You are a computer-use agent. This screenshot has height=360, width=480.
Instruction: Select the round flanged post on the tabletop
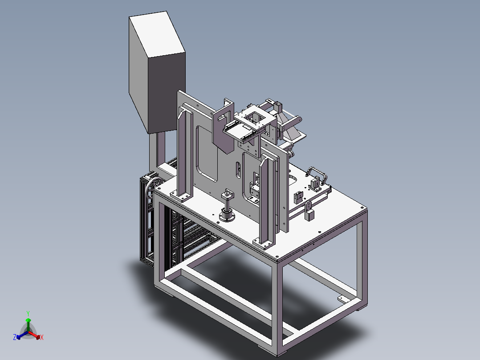(x=227, y=205)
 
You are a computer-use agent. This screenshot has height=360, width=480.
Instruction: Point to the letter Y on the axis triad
(x=28, y=313)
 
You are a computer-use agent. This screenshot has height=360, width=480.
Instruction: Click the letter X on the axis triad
(x=42, y=337)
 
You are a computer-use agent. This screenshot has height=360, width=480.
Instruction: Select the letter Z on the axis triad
(x=14, y=337)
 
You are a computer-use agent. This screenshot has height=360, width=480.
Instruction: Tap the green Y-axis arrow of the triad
(x=28, y=324)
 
